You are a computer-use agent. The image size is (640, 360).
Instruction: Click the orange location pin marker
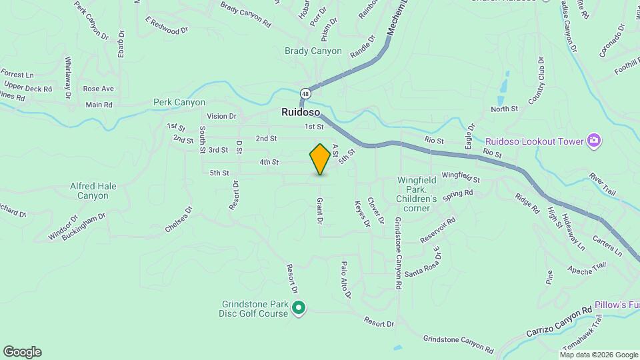pos(320,159)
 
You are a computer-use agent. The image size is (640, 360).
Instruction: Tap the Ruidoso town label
pos(297,113)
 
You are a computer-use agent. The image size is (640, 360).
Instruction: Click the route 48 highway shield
pos(304,93)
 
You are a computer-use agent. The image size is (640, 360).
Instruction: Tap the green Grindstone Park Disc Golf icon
pos(299,307)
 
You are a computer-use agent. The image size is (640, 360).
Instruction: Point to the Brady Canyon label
pos(313,51)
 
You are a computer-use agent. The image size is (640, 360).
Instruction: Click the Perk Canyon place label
pos(179,102)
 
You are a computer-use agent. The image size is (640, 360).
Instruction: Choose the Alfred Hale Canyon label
pos(89,191)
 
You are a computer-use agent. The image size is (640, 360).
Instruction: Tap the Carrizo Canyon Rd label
pos(559,321)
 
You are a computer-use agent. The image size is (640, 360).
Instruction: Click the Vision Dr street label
pos(221,116)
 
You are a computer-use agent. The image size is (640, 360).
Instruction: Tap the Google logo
pos(22,351)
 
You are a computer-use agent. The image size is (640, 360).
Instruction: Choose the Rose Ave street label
pos(99,89)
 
